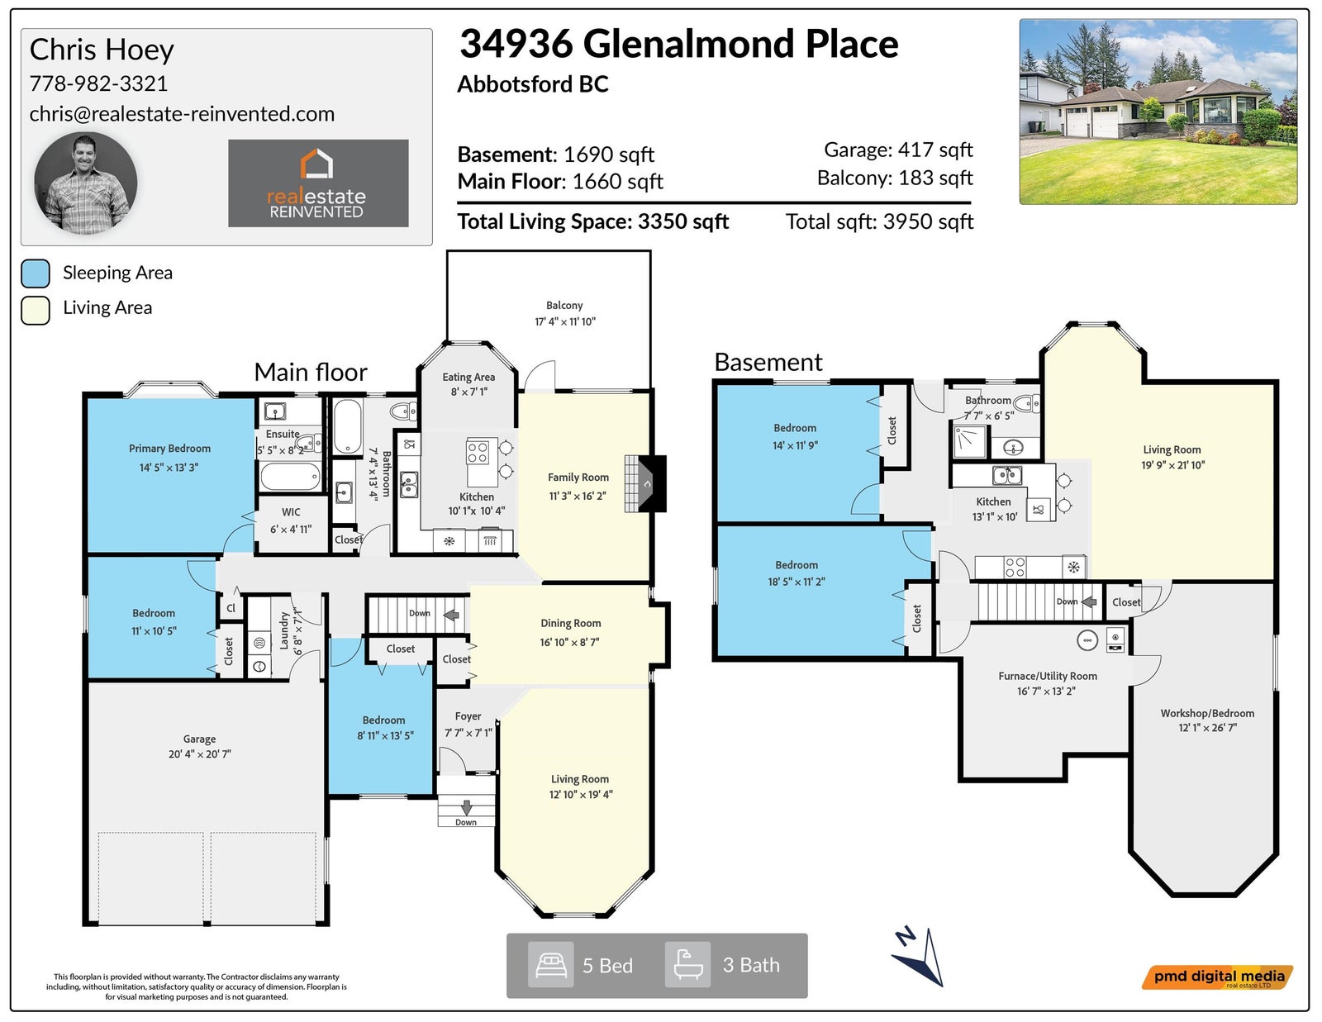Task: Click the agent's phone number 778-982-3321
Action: click(98, 83)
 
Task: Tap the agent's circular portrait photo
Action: click(86, 183)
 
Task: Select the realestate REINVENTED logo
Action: click(318, 183)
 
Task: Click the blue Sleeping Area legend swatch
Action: click(36, 273)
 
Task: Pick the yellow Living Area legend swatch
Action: click(36, 311)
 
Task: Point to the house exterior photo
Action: click(1158, 112)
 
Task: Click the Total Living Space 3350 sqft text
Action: click(593, 221)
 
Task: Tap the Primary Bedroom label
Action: click(169, 449)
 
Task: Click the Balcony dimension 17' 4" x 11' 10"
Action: click(565, 321)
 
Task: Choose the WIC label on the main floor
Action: click(291, 512)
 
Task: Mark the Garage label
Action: click(200, 739)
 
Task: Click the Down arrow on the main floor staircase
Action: click(451, 615)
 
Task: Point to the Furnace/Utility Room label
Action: click(1047, 676)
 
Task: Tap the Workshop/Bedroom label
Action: click(1207, 713)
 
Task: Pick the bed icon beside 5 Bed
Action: click(550, 965)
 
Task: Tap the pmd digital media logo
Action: click(1217, 977)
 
